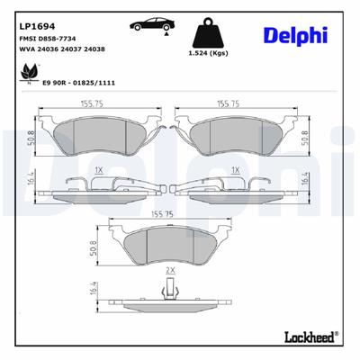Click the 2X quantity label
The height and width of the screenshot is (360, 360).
click(169, 270)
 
